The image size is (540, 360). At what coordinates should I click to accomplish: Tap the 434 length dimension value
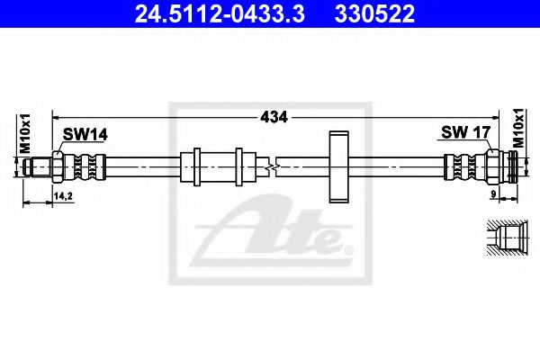[x=273, y=117]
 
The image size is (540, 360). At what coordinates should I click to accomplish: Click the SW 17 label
[x=465, y=133]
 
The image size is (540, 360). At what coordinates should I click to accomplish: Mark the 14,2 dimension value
[x=63, y=193]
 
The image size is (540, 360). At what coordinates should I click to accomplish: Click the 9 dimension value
[x=494, y=193]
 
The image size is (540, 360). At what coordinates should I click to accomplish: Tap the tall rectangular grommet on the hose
[x=338, y=166]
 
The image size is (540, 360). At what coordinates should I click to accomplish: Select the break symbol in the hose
[x=273, y=166]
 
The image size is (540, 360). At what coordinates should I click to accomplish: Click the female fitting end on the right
[x=506, y=166]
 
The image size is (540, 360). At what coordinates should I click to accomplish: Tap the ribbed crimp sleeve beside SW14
[x=88, y=166]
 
